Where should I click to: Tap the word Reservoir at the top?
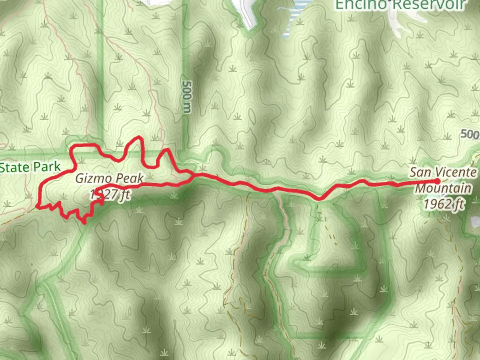[428, 5]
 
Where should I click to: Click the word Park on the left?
[47, 167]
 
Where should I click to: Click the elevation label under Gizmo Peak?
[110, 194]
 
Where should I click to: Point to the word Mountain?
[443, 188]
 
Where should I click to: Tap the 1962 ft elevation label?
[444, 204]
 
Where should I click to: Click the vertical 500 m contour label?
[188, 97]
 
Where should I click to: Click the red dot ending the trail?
[437, 181]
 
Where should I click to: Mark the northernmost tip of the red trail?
[139, 137]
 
